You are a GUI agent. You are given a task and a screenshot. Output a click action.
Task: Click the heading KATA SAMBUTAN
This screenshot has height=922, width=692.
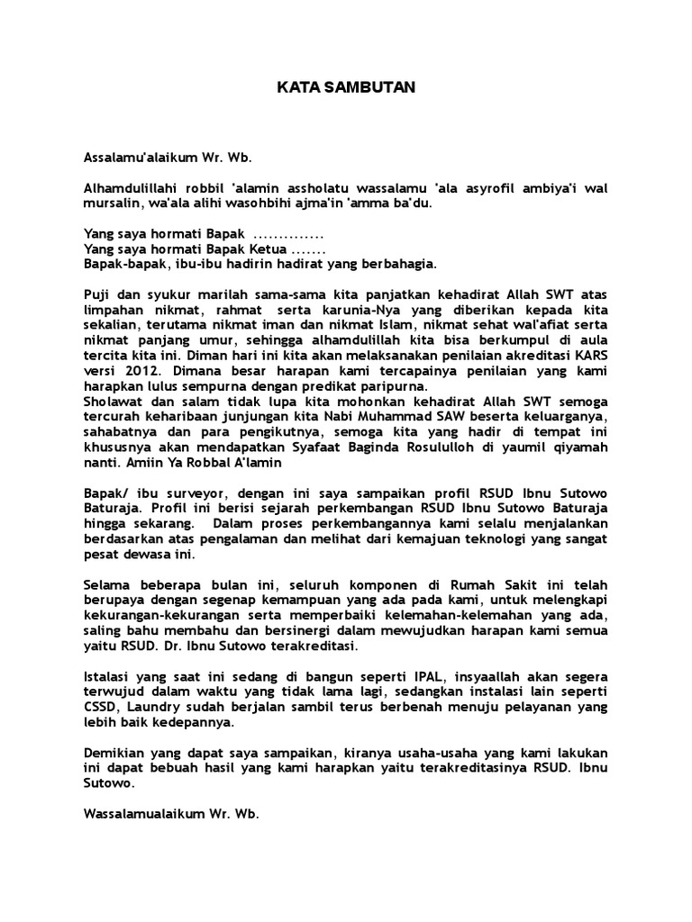tap(345, 88)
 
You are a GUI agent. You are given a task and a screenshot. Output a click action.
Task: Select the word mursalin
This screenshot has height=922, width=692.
tap(108, 203)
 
